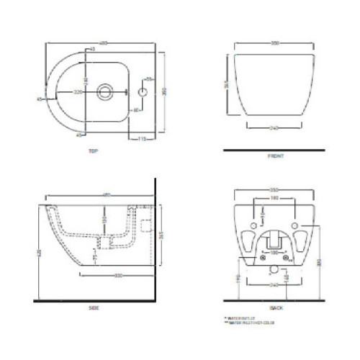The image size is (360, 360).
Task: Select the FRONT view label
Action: click(271, 155)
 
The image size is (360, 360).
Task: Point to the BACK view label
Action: click(272, 307)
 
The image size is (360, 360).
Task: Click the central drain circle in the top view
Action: click(104, 91)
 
